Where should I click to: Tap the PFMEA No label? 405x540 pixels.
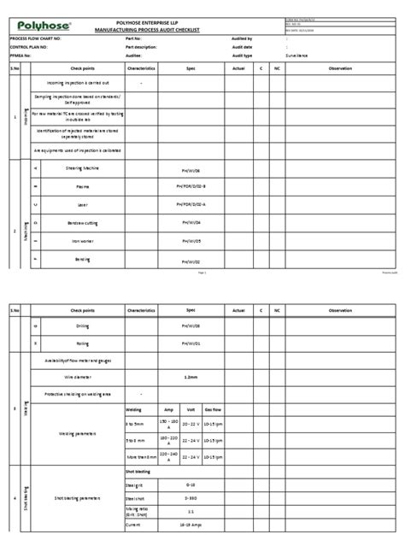[x=21, y=53]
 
